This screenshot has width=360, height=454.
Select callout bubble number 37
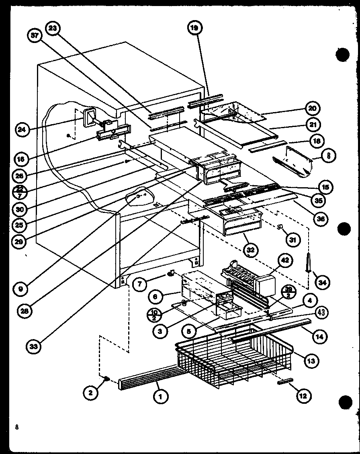click(x=35, y=36)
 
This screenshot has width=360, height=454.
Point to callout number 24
click(x=23, y=129)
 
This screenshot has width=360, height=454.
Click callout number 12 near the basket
click(x=303, y=396)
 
